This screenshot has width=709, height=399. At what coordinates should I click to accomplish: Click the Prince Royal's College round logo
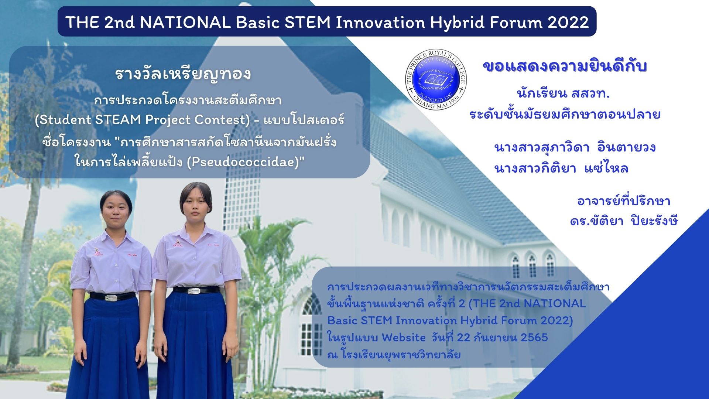coord(436,79)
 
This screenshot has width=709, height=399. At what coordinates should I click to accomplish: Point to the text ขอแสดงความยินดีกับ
coord(565,66)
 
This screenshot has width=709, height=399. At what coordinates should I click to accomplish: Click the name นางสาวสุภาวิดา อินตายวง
coord(575,147)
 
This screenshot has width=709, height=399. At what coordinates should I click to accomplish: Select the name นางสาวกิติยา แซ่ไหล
coord(561,168)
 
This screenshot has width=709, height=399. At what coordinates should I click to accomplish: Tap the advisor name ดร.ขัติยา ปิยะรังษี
coord(624,221)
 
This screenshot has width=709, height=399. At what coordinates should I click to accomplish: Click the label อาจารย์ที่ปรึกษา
coord(624,201)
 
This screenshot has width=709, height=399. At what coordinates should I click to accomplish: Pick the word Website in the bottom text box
coord(404,338)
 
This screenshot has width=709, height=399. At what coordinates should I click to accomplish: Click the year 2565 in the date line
coord(534,338)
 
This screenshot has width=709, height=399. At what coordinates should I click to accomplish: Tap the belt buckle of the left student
coord(113,297)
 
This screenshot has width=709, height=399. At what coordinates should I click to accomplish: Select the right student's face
coord(196,206)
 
